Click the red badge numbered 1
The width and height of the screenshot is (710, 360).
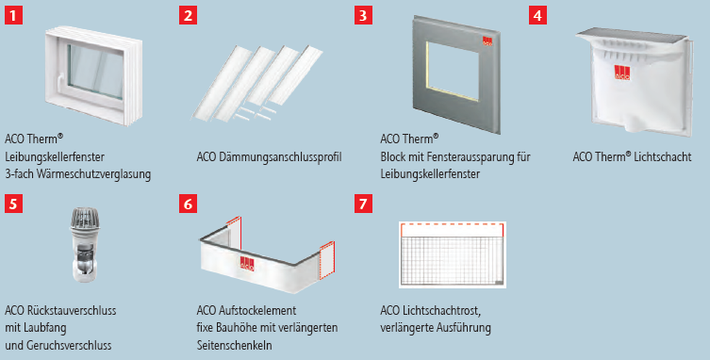point(13,16)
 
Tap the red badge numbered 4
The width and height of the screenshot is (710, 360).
point(537,16)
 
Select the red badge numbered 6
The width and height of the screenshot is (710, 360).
point(188,204)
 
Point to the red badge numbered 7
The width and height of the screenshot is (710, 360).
point(363,204)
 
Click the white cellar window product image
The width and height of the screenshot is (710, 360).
point(93,75)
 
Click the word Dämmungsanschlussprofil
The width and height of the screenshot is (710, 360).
point(281,157)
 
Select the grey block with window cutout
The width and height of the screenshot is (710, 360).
point(456,74)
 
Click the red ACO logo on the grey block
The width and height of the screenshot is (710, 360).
point(487,41)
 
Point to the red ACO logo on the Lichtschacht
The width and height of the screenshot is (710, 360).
point(622,73)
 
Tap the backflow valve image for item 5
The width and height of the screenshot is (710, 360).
point(85,245)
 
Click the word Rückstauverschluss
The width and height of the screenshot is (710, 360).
point(71,311)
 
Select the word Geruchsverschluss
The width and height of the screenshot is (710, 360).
point(69,345)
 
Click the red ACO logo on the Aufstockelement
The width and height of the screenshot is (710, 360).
point(247,264)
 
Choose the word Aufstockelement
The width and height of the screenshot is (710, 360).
point(257,311)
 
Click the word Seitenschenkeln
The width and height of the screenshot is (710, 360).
point(235,345)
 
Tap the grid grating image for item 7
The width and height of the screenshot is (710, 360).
point(453,254)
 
